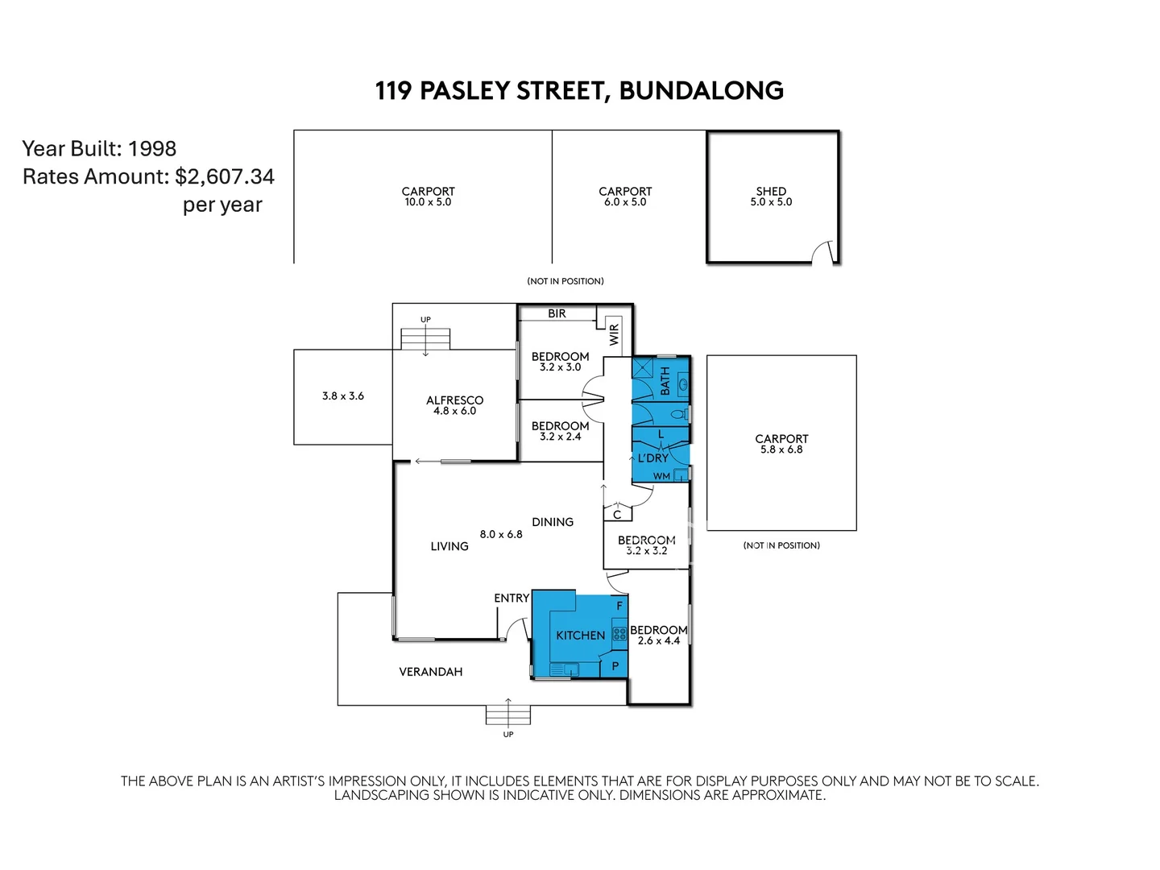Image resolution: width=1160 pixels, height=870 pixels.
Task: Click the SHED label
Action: tap(771, 192)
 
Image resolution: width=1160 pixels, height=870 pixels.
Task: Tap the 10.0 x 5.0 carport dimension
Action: tap(428, 202)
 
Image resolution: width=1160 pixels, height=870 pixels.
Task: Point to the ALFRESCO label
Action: tap(454, 400)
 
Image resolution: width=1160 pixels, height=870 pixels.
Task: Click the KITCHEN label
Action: tap(580, 636)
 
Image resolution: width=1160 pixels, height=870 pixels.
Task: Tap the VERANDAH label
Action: tap(431, 672)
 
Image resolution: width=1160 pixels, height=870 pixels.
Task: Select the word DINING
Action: tap(553, 522)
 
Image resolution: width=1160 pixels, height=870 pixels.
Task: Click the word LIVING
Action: tap(449, 546)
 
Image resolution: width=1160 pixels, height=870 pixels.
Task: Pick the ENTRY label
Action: tap(512, 598)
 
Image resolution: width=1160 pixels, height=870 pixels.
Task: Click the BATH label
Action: tap(665, 380)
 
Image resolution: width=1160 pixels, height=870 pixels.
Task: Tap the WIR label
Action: tap(615, 334)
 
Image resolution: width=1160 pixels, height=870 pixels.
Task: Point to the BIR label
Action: tap(557, 313)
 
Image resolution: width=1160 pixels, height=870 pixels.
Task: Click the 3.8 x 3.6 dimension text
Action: tap(343, 396)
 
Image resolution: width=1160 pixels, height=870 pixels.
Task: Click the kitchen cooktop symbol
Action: tap(619, 634)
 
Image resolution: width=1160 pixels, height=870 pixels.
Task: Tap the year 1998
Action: tap(152, 149)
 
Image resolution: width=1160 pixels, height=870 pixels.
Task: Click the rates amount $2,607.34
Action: tap(225, 177)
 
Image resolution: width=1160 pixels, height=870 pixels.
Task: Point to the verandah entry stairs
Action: tap(508, 714)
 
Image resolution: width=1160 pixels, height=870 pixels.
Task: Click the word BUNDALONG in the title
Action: tap(701, 90)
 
